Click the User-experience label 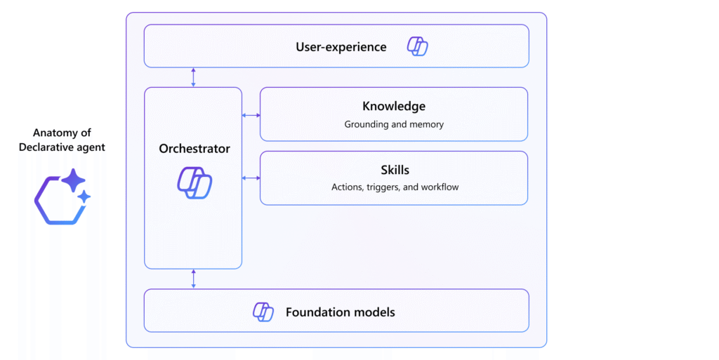pos(341,47)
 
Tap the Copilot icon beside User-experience pos(418,47)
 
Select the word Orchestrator pos(194,149)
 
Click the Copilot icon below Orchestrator pos(194,182)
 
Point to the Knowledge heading pos(394,107)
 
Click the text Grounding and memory pos(394,124)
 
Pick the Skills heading pos(394,170)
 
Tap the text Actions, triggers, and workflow pos(394,187)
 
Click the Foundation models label pos(340,312)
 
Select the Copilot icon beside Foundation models pos(263,312)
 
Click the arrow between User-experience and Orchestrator pos(194,77)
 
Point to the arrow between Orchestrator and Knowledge pos(251,115)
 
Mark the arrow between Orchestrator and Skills pos(251,178)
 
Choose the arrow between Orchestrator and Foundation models pos(194,279)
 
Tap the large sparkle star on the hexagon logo pos(73,180)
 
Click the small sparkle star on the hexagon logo pos(84,197)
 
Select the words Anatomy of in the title pos(62,133)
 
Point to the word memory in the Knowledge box pos(427,124)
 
